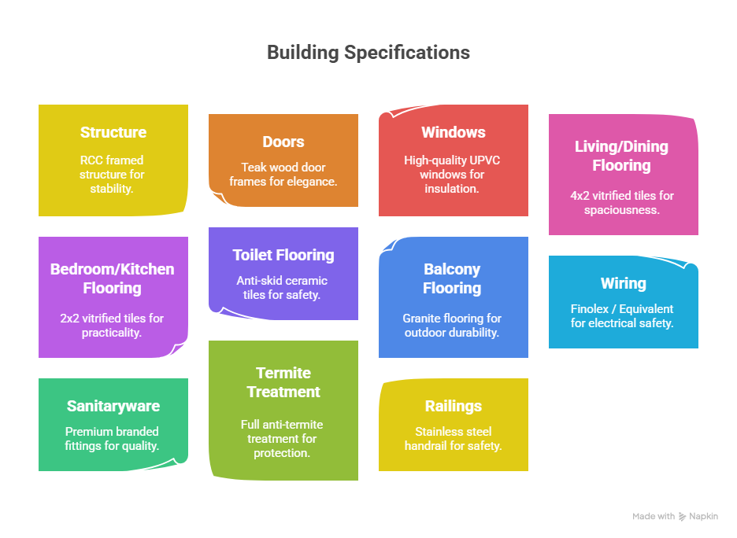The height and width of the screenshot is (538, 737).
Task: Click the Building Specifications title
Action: [368, 53]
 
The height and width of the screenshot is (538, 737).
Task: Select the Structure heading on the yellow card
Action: [113, 132]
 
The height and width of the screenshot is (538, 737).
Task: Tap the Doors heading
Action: [283, 142]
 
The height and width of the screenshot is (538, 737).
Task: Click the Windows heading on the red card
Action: [454, 132]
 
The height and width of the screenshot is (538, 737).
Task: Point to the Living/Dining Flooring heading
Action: [621, 156]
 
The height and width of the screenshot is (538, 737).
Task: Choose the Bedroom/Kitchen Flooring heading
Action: [113, 278]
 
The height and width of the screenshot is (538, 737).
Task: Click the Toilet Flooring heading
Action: [283, 255]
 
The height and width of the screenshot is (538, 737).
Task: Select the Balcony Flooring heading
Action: [452, 278]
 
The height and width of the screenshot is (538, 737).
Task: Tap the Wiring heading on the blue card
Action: [624, 284]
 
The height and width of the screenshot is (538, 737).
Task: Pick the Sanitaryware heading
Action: [113, 406]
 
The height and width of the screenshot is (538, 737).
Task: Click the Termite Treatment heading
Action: [283, 382]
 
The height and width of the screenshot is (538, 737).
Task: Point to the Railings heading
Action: [454, 406]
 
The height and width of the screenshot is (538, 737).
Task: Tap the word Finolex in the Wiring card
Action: [590, 309]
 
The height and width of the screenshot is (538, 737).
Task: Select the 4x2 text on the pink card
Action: [580, 196]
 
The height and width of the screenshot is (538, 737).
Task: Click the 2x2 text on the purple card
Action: [69, 319]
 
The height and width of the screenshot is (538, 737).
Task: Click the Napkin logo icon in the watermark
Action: [682, 517]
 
